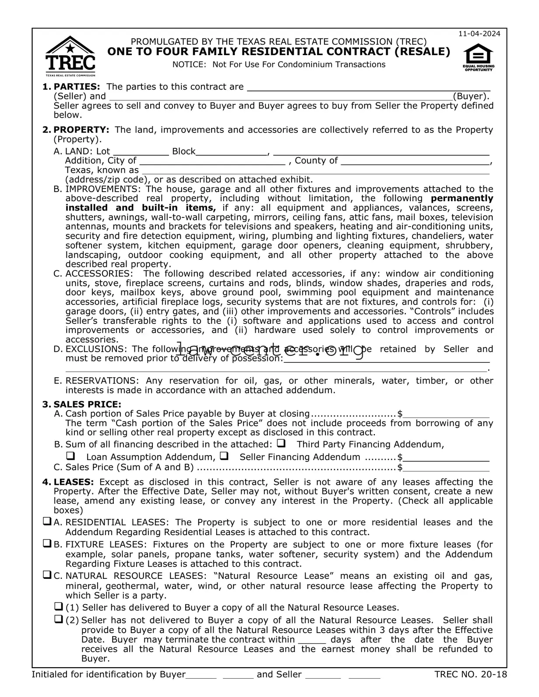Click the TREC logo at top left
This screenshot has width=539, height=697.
click(70, 56)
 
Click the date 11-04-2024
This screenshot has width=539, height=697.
click(479, 34)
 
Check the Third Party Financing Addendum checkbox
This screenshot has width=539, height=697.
click(282, 443)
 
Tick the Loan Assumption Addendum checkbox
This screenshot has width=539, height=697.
click(70, 456)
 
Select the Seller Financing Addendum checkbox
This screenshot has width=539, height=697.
click(224, 456)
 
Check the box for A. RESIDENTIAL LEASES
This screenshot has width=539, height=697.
click(47, 522)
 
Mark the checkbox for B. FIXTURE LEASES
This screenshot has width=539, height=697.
click(47, 544)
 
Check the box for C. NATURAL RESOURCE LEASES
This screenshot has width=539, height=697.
click(47, 575)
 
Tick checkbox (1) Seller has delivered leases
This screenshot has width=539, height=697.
click(58, 607)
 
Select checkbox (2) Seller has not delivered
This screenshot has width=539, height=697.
click(58, 620)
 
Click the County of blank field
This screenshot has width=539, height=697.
click(415, 161)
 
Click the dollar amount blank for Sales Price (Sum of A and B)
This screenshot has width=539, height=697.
click(446, 467)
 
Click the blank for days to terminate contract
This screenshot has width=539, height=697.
click(312, 640)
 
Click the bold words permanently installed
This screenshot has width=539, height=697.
click(462, 198)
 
